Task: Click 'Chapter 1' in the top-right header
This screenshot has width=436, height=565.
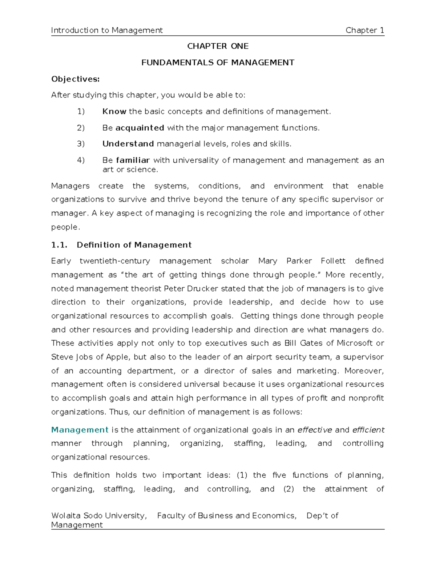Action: point(364,30)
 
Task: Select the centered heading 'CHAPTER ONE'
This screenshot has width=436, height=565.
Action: point(218,46)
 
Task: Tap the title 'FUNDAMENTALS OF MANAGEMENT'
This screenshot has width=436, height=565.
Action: point(218,63)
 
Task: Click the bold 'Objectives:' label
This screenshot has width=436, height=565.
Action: point(75,79)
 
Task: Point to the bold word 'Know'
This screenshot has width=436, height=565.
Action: point(114,111)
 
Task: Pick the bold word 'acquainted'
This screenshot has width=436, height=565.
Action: point(140,128)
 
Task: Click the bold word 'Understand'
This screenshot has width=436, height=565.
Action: point(128,144)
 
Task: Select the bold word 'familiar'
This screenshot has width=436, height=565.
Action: point(133,160)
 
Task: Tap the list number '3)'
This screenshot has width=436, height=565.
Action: point(81,144)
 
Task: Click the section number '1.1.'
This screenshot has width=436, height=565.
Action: point(59,245)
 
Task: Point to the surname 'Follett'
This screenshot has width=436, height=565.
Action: point(333,261)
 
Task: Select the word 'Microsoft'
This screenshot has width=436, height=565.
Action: point(354,343)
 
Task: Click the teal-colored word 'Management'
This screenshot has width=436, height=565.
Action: point(80,430)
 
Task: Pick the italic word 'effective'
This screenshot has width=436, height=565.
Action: point(314,430)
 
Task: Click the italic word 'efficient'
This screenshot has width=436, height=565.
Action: point(368,430)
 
